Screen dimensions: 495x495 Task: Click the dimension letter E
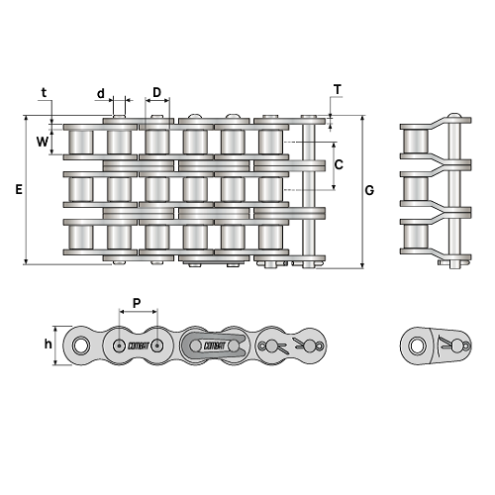[x=19, y=190]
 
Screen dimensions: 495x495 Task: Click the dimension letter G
[x=369, y=190]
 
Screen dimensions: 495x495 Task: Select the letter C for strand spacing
[x=339, y=164]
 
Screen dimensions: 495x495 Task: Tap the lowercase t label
[x=44, y=93]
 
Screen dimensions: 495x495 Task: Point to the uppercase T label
[x=338, y=89]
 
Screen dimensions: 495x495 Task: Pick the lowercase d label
[x=101, y=94]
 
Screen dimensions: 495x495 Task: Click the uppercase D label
[x=157, y=92]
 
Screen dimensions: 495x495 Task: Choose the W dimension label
[x=43, y=142]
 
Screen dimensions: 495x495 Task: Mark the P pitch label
[x=137, y=303]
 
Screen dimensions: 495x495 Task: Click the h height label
[x=49, y=344]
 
